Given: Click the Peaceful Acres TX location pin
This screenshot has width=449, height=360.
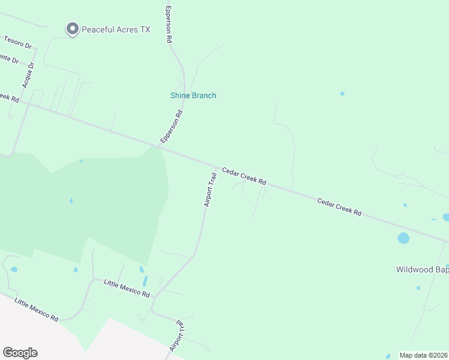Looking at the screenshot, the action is coord(72,29).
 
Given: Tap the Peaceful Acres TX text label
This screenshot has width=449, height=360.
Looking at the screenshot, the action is coord(115,29).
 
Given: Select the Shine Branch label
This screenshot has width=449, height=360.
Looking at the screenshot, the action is coord(193,95).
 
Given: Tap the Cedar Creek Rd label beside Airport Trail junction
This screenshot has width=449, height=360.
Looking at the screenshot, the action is coord(244,176).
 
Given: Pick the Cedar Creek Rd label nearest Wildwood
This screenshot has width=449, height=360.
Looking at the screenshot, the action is coord(339,208).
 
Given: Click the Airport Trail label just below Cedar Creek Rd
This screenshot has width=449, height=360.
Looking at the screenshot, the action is coord(209,190).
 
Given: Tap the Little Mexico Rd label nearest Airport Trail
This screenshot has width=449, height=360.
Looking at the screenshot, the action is coord(127,289).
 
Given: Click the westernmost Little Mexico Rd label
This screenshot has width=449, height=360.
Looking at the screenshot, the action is coord(36,310).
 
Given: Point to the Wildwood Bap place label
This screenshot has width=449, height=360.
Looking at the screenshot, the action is coord(422,269).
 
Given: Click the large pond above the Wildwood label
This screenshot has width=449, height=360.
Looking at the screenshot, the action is coord(403,238).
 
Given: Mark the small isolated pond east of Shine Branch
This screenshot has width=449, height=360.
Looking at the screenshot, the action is coord(342,94).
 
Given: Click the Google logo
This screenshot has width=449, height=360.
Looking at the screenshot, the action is coord(20,353).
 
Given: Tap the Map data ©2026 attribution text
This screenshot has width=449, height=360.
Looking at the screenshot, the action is coord(423,355).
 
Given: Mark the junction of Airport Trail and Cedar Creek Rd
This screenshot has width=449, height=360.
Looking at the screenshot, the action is coord(216,167).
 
